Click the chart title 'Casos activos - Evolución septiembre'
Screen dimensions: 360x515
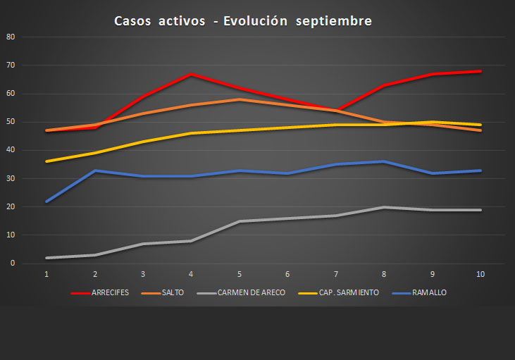click(243, 21)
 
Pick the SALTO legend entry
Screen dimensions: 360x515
click(173, 292)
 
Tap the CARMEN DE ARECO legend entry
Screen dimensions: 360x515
click(250, 292)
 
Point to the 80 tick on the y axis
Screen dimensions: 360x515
click(10, 37)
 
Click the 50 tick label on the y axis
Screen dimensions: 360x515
click(10, 122)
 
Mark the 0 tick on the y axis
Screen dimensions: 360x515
click(12, 263)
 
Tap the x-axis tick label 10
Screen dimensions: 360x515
click(480, 274)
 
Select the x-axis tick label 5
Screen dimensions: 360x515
click(239, 274)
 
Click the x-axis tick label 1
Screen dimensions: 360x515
click(46, 274)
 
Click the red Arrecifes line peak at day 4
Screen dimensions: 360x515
click(191, 74)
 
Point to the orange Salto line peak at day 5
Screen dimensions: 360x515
click(239, 99)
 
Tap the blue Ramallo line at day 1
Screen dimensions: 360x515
click(46, 201)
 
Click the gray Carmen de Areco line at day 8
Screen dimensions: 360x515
click(383, 207)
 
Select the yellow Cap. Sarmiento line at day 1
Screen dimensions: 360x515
click(46, 161)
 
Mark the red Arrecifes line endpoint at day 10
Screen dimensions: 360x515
click(480, 71)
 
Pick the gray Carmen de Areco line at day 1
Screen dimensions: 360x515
click(46, 258)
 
